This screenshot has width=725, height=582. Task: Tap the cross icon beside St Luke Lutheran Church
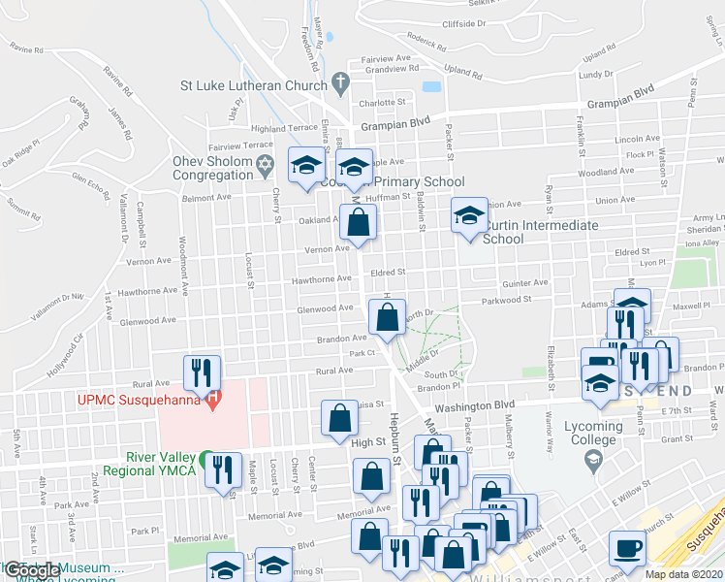tap(339, 84)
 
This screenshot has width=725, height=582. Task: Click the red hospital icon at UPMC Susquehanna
tap(211, 399)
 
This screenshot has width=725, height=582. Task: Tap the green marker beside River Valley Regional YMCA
tap(205, 458)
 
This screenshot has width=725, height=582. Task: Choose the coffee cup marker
tap(625, 550)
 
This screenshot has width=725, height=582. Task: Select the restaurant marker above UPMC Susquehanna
tap(203, 371)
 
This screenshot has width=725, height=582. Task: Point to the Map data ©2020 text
tap(683, 574)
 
